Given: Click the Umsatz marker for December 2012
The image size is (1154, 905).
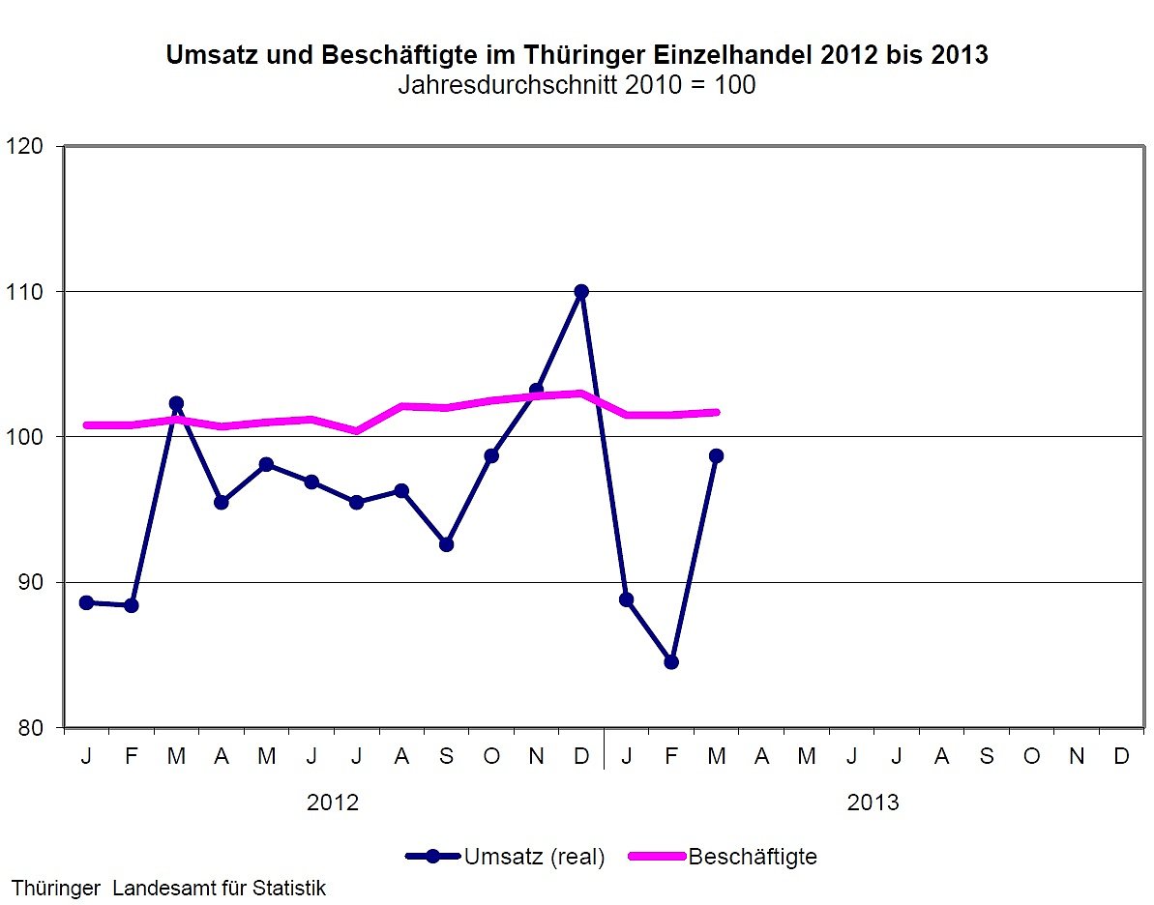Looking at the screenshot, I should click(x=581, y=291).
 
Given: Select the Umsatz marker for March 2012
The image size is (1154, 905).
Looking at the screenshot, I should click(x=176, y=403).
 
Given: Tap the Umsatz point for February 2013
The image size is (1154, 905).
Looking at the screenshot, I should click(x=671, y=661).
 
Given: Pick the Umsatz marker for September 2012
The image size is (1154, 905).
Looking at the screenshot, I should click(x=446, y=544).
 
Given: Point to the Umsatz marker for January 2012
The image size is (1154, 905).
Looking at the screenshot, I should click(x=86, y=602).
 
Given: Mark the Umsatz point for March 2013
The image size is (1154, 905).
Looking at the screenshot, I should click(x=716, y=455).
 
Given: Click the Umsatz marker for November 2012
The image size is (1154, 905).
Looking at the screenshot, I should click(x=536, y=391).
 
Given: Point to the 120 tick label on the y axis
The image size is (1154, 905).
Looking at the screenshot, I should click(x=26, y=146).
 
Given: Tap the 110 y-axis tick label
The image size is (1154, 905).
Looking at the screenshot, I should click(x=26, y=291).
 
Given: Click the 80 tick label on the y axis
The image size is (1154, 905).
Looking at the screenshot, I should click(x=31, y=727).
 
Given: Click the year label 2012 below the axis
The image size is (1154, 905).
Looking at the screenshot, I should click(x=333, y=803).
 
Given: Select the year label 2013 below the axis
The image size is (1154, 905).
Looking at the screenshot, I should click(x=873, y=803).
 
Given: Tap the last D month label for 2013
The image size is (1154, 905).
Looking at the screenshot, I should click(x=1121, y=756).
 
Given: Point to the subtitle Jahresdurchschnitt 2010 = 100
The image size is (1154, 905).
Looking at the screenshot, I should click(x=577, y=85).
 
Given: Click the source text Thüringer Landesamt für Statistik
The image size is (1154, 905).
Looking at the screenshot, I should click(x=168, y=888).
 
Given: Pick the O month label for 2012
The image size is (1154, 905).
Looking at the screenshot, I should click(x=491, y=756).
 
